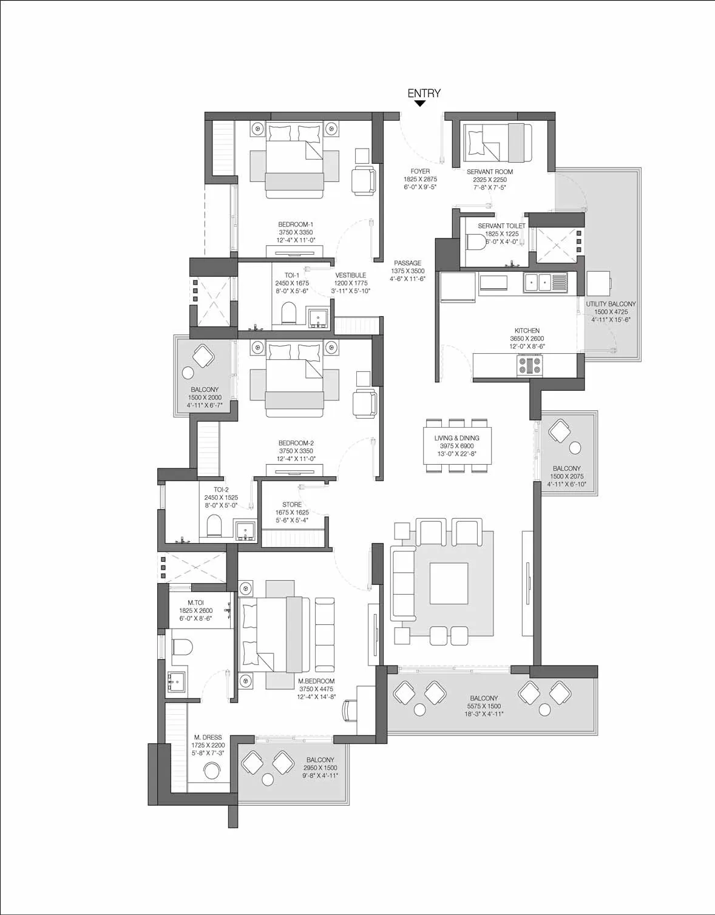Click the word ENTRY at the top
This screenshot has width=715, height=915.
coord(424,93)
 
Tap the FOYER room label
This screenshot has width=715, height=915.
coord(420,171)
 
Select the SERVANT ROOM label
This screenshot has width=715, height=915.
coord(490,172)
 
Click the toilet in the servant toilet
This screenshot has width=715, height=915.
coord(476,243)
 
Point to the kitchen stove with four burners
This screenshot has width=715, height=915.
coord(530,365)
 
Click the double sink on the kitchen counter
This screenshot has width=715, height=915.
coord(538,282)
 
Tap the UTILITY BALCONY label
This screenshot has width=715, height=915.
coord(611,304)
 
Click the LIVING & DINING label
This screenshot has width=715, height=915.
coord(457,438)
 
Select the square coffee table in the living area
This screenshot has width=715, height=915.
coord(449,583)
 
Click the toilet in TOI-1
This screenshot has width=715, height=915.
coord(289,312)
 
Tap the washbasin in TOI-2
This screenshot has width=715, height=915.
coord(245,530)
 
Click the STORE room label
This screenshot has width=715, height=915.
coord(292,504)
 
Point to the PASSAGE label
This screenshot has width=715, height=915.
coord(408,263)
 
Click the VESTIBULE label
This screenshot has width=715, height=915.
coord(351,275)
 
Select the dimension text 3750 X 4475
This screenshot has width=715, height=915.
coord(316,689)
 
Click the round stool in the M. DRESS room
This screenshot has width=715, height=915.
coord(211,771)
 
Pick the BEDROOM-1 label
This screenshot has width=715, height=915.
coord(296,225)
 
